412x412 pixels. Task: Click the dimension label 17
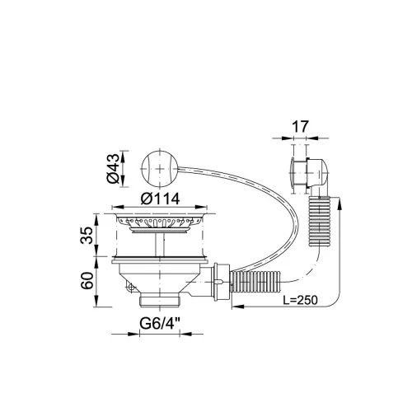pyautogui.click(x=300, y=127)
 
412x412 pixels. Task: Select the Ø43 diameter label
pyautogui.click(x=114, y=168)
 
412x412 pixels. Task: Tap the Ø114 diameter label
pyautogui.click(x=160, y=199)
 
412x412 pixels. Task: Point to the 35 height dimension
pyautogui.click(x=87, y=235)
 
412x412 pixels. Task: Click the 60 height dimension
pyautogui.click(x=87, y=280)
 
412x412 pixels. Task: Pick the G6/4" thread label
pyautogui.click(x=160, y=323)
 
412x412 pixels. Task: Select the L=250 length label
pyautogui.click(x=300, y=300)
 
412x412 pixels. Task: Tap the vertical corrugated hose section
pyautogui.click(x=320, y=221)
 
